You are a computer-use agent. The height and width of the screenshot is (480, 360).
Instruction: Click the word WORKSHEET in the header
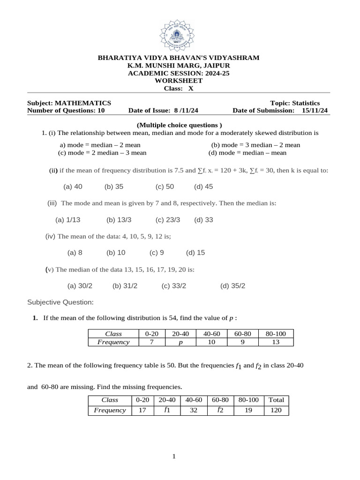point(178,81)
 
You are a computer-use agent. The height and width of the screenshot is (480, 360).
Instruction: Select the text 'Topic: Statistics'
point(295,103)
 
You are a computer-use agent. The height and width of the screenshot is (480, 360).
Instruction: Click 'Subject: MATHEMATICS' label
point(69,103)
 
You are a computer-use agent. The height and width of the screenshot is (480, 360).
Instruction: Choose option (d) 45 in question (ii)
point(203,187)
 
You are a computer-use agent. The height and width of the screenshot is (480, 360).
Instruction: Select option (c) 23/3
point(167,219)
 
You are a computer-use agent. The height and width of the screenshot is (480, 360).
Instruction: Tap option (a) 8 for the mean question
point(75,252)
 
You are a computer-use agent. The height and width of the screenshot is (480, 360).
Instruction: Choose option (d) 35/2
point(232,285)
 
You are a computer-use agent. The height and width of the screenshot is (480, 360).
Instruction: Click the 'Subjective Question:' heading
point(60,302)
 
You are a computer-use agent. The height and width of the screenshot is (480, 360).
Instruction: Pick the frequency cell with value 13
point(279,342)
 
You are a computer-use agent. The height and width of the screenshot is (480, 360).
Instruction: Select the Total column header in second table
point(277,400)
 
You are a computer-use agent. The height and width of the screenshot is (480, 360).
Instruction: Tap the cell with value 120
point(277,410)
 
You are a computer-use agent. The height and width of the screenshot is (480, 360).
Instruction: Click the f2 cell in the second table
point(220,410)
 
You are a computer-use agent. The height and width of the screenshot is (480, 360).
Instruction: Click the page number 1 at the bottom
point(173,457)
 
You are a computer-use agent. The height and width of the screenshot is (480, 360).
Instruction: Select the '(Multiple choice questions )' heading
point(179,125)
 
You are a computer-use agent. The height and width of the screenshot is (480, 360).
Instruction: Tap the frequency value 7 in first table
point(152,342)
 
